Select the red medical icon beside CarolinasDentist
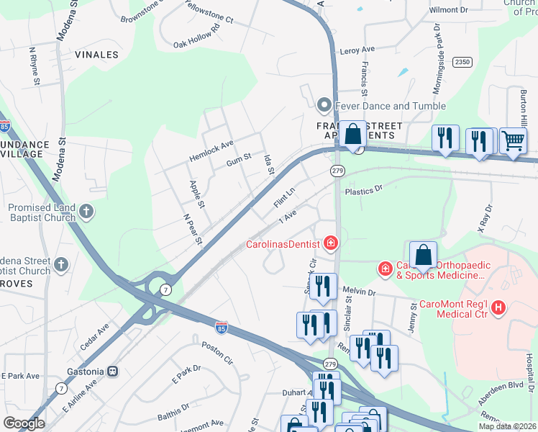331,243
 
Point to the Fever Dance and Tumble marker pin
324,106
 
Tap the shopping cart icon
512,140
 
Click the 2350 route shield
462,63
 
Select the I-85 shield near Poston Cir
222,328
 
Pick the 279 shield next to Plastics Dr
337,171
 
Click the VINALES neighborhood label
96,54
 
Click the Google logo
24,423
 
